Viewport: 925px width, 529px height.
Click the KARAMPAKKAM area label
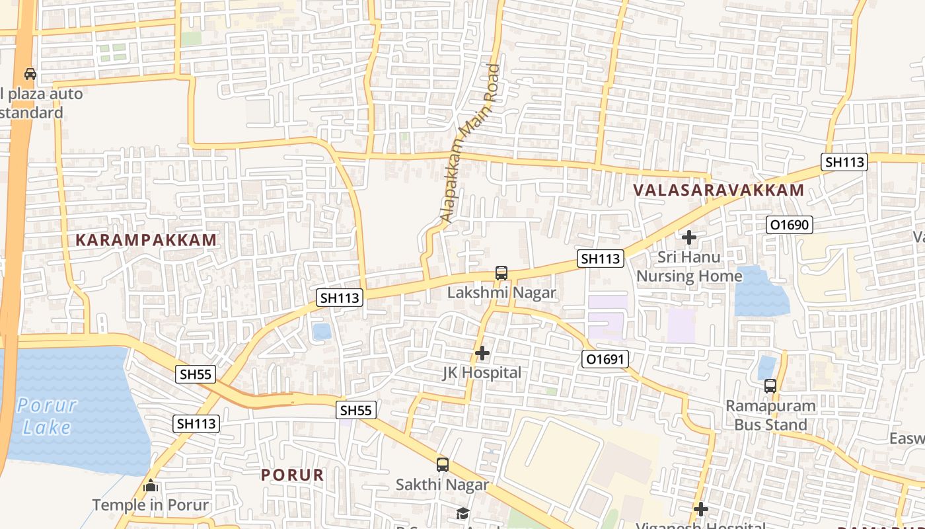coord(146,240)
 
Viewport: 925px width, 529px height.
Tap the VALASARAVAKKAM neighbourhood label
coord(718,190)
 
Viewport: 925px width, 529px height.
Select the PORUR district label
coord(292,475)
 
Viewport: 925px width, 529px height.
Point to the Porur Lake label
coord(47,416)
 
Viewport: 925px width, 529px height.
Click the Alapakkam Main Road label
coord(470,143)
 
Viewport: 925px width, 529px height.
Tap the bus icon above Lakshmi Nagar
coord(501,272)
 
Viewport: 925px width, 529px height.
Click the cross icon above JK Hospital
coord(482,353)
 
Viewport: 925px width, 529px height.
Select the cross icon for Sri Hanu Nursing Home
coord(689,237)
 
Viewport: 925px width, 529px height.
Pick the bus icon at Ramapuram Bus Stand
coord(770,386)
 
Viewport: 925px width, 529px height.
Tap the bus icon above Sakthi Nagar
coord(443,465)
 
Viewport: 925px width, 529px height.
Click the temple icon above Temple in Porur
coord(151,486)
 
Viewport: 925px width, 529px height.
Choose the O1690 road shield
coord(789,225)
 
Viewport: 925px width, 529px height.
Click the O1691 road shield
coord(605,359)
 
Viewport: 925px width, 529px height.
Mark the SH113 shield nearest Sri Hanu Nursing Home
coord(600,259)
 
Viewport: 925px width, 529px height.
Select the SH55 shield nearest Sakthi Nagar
coord(356,410)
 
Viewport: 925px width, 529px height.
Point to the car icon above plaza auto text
coord(30,73)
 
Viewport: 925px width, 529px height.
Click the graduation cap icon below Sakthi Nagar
coord(462,513)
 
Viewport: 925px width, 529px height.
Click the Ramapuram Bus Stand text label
coord(770,415)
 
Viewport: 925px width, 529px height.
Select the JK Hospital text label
coord(482,373)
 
